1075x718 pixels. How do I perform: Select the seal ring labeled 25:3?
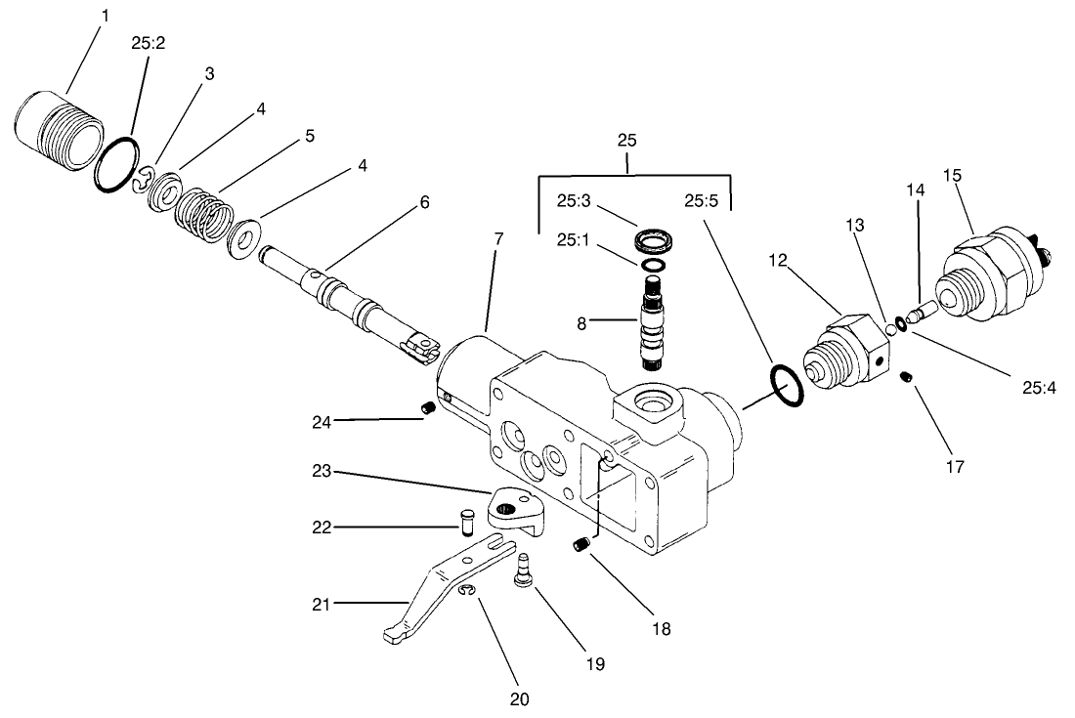[652, 240]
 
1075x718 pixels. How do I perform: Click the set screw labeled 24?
[427, 407]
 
